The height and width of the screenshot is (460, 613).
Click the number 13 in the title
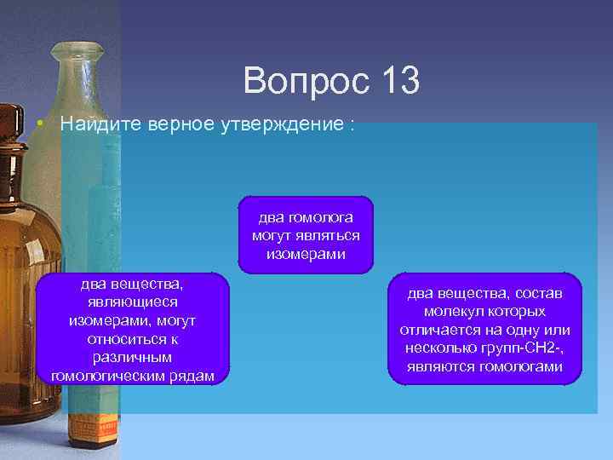tap(394, 82)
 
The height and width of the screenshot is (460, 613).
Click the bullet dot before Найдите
tap(41, 124)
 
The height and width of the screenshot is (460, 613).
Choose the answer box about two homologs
tap(306, 236)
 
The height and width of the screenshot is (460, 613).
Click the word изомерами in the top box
tap(306, 254)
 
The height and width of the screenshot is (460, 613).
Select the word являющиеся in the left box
tap(133, 302)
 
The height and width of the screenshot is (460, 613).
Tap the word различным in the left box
tap(133, 358)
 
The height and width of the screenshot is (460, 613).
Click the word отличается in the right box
tap(438, 330)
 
